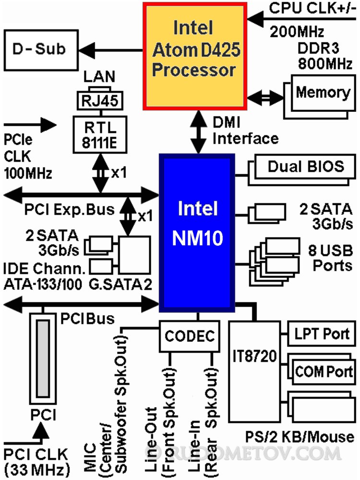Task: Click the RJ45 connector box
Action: [100, 101]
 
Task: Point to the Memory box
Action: [323, 93]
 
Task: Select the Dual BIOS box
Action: [306, 167]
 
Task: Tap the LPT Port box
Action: [322, 333]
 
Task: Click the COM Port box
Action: [324, 371]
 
